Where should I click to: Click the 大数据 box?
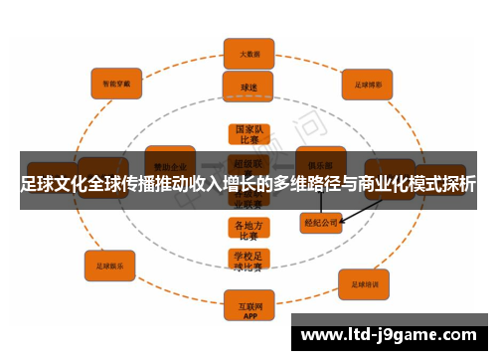point(248,53)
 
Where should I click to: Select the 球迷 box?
point(248,87)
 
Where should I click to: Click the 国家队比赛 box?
point(248,135)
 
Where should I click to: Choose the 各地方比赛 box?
point(248,231)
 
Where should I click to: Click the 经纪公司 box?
point(320,224)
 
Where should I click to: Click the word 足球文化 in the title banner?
point(61,184)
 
